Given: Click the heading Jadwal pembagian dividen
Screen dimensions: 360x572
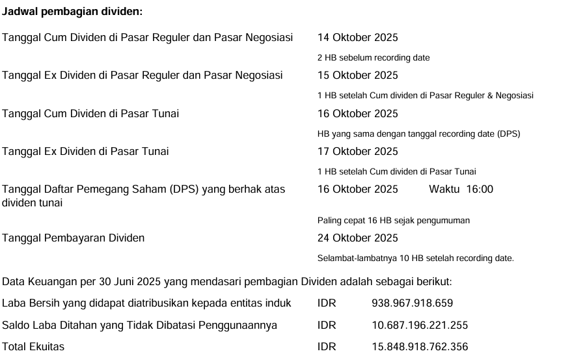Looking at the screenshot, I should [x=72, y=12].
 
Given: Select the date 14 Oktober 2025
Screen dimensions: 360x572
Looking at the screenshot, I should [x=357, y=38].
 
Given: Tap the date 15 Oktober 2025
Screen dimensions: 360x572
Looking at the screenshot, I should [x=357, y=76].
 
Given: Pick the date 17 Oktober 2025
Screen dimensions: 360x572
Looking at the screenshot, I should [x=357, y=152].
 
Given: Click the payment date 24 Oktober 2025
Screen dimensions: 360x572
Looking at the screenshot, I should [x=357, y=238].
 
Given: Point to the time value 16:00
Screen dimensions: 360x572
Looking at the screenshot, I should [x=480, y=189].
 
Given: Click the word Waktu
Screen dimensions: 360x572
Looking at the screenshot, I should [x=444, y=189].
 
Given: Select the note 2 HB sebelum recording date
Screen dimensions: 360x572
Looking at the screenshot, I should [x=374, y=58].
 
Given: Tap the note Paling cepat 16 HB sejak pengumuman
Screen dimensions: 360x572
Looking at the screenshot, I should [x=393, y=221].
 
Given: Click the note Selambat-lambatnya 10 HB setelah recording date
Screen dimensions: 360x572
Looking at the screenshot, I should [x=415, y=258].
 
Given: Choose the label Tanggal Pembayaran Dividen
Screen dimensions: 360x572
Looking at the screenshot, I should [x=74, y=238].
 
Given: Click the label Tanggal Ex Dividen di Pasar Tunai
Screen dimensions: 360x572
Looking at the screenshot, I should [x=85, y=152].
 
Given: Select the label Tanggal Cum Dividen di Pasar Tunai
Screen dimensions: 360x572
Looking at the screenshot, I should [x=90, y=114].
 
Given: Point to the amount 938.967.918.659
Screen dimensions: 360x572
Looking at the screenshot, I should [x=412, y=303].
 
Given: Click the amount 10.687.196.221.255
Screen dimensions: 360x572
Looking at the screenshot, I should [x=419, y=325].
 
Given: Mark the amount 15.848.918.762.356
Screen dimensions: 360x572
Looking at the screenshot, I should [x=419, y=347].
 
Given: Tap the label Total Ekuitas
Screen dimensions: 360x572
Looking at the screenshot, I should [x=33, y=347].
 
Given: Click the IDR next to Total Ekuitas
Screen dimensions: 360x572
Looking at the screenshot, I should [x=327, y=347].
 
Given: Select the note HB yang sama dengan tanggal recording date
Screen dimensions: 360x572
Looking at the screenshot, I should [x=418, y=134].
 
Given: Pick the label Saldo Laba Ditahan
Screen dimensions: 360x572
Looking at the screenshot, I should [x=139, y=325].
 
